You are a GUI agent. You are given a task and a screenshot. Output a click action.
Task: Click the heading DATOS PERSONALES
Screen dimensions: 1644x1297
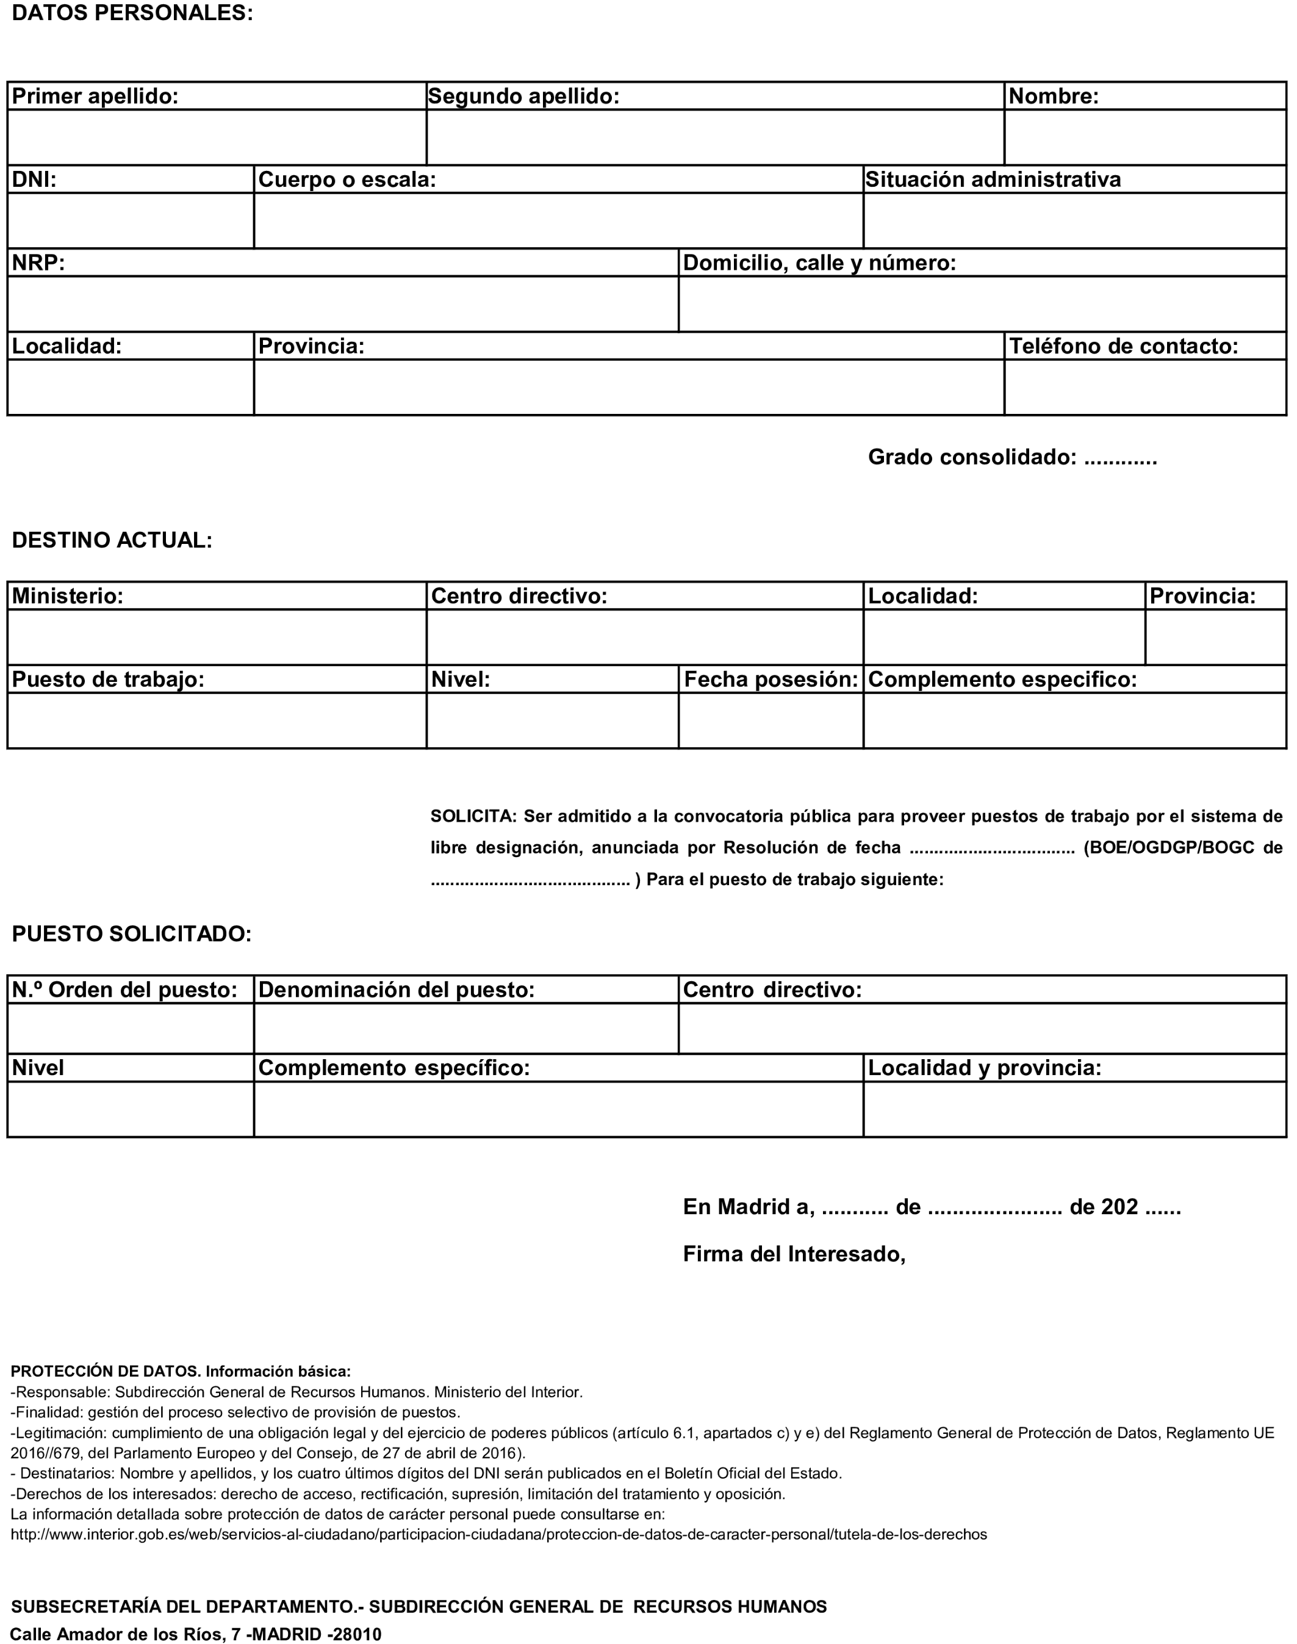click(x=132, y=13)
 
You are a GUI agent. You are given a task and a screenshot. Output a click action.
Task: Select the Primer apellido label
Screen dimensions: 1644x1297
click(x=96, y=96)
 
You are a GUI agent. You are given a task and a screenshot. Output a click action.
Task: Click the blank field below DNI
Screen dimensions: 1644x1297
click(x=131, y=220)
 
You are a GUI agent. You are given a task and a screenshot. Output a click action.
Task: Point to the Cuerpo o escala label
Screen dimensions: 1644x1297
click(x=347, y=180)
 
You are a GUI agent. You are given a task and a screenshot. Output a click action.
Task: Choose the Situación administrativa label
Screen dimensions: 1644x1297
click(x=993, y=180)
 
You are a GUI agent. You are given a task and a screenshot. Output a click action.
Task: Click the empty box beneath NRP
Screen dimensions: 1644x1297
click(x=342, y=304)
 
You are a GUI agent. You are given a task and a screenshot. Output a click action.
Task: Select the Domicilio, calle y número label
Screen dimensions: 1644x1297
click(x=819, y=264)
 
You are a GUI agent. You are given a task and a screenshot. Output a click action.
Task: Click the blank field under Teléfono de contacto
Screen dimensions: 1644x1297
click(x=1145, y=388)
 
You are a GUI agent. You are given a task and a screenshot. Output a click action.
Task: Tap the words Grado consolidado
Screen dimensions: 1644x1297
click(x=972, y=457)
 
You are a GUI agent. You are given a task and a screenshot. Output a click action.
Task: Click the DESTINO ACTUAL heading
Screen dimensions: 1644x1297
click(x=112, y=541)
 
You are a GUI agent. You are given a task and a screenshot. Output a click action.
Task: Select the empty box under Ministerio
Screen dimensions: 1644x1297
click(x=217, y=637)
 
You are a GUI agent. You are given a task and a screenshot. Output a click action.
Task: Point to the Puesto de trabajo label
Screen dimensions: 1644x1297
click(x=109, y=680)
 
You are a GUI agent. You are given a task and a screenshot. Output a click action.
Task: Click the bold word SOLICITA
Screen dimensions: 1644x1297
click(x=473, y=817)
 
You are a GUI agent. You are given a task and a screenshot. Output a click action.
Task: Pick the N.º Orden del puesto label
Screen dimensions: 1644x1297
click(x=125, y=990)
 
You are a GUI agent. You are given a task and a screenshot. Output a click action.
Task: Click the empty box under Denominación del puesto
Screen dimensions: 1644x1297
click(x=465, y=1029)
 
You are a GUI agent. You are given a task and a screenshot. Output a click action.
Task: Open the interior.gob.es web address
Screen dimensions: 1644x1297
click(x=499, y=1535)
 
